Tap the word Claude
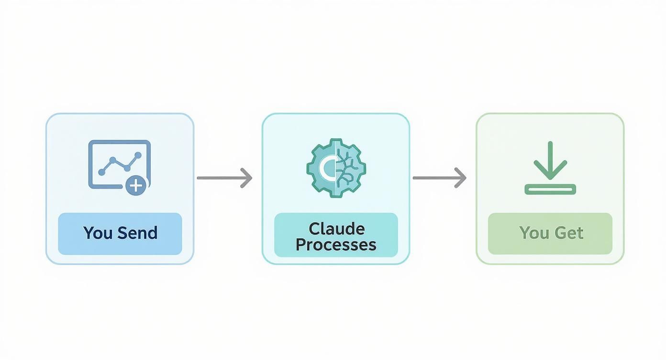pos(336,228)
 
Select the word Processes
pos(336,245)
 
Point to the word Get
pos(568,233)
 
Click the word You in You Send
pos(98,233)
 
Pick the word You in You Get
pos(534,233)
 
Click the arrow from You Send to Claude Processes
pos(224,178)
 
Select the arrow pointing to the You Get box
pos(439,178)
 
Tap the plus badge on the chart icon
pos(136,185)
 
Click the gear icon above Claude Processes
pos(336,168)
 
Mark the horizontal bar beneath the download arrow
pos(550,190)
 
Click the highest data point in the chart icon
pos(139,155)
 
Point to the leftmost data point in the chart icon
pos(101,172)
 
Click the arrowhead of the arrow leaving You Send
pos(246,178)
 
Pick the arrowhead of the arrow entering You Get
pos(460,178)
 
